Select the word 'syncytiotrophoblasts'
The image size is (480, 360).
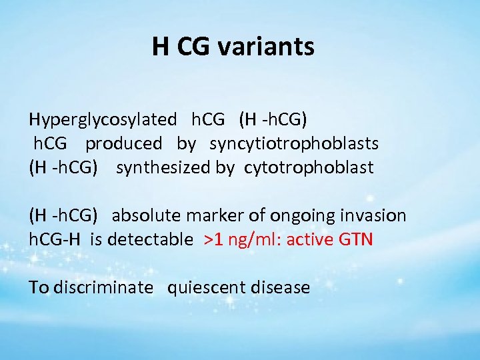tap(294, 143)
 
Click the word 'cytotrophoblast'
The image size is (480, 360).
tap(309, 167)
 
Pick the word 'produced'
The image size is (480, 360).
tap(123, 143)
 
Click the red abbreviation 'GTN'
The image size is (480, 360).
tap(356, 239)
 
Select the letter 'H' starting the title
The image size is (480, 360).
tap(159, 47)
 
